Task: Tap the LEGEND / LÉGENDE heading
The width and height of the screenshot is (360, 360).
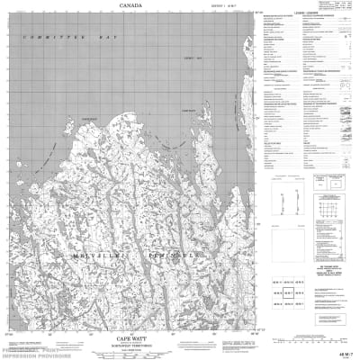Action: tap(305, 9)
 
